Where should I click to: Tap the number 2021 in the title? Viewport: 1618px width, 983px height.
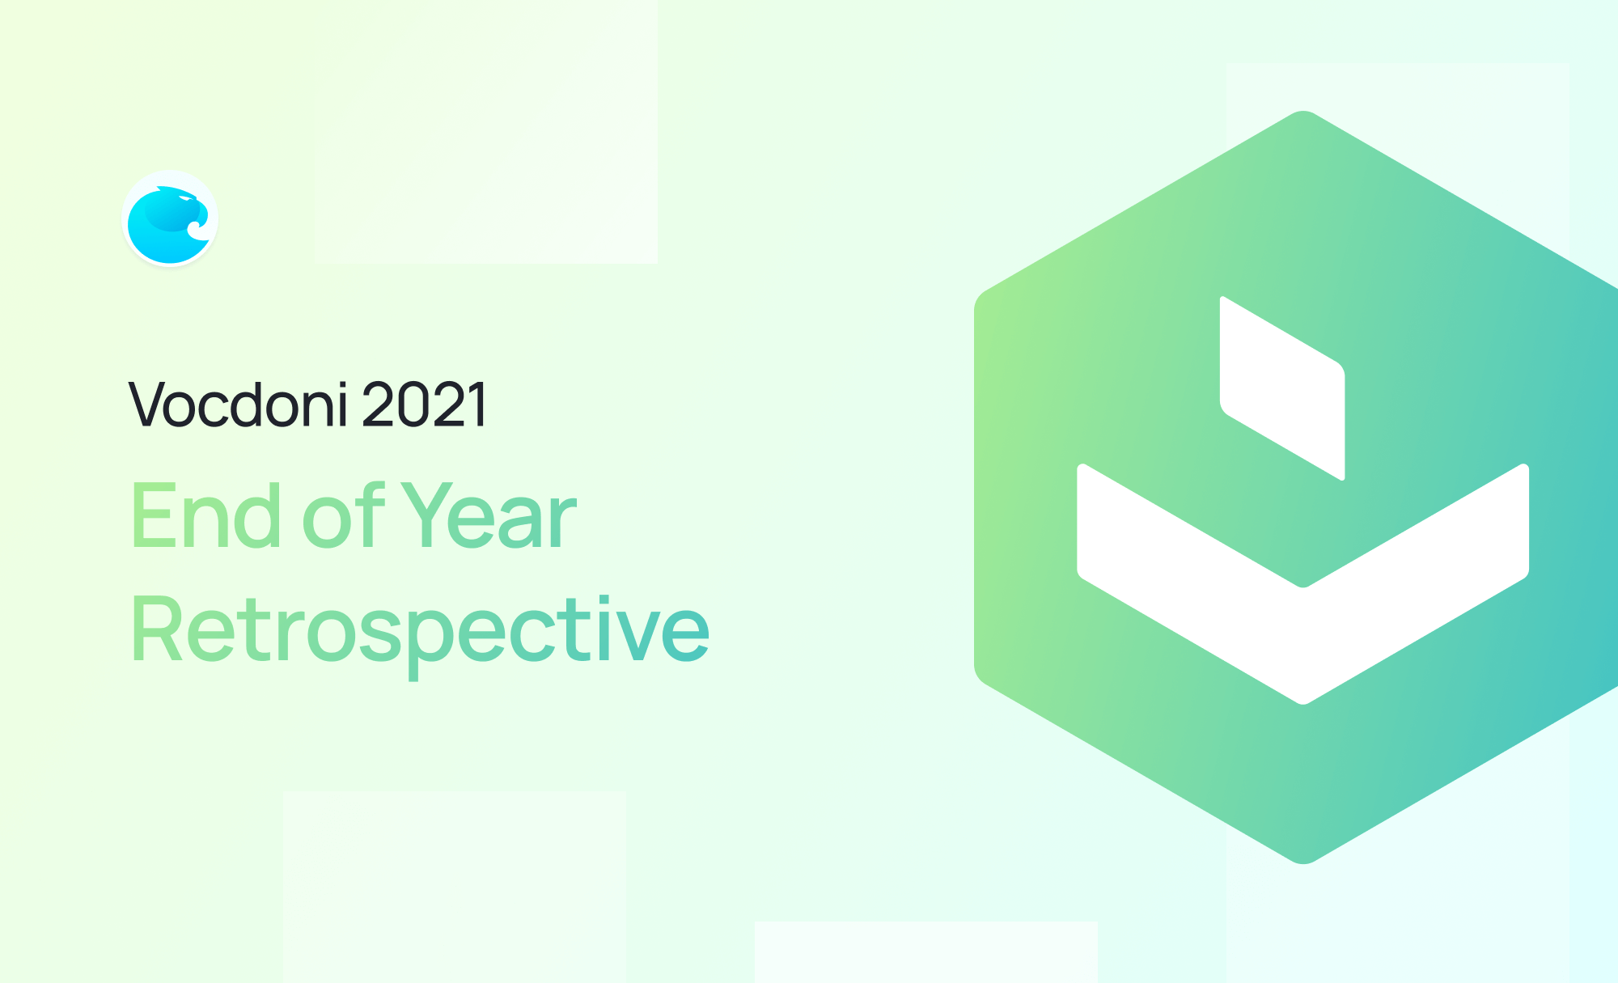point(425,404)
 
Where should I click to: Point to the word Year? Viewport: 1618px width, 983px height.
point(489,515)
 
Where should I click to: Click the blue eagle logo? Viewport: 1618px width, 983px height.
point(170,218)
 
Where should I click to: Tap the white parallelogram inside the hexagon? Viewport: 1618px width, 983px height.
point(1282,388)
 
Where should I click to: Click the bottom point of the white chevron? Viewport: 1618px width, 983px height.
point(1303,703)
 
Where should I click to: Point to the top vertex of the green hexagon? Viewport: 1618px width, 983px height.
point(1303,111)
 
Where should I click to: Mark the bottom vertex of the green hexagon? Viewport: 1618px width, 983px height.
point(1303,863)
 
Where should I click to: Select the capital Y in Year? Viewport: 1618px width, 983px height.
point(430,515)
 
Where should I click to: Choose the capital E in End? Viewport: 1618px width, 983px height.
point(154,515)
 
